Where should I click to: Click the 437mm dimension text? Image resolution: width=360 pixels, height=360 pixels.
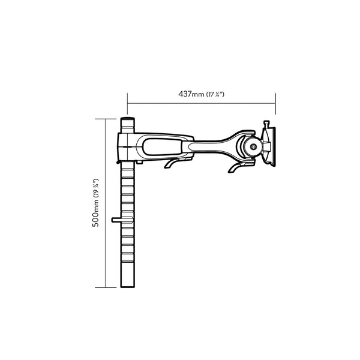(191, 94)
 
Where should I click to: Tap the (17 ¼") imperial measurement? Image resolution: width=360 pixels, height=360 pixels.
(215, 95)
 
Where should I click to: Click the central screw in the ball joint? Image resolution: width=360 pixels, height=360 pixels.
(253, 146)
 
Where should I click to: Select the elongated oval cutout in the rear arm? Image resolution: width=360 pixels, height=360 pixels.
(162, 145)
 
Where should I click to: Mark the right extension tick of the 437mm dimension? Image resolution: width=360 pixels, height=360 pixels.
(275, 103)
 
